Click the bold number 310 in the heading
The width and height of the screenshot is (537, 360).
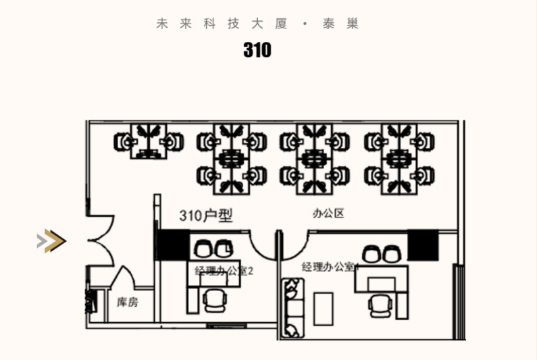pos(257,50)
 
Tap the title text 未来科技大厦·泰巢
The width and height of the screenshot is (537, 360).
pos(257,24)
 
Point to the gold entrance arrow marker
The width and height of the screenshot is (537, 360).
pos(52,240)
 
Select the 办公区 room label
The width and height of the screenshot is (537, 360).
pos(328,214)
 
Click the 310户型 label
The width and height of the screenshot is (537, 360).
pos(206,215)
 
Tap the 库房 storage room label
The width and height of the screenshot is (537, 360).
pos(127,302)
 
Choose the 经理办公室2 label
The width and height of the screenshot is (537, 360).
pos(224,272)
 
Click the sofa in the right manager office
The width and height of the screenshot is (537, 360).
pos(293,309)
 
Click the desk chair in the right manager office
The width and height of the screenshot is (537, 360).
pos(380,305)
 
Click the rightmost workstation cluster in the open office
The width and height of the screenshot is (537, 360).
pos(399,157)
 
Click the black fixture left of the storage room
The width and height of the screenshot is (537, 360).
pos(88,301)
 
